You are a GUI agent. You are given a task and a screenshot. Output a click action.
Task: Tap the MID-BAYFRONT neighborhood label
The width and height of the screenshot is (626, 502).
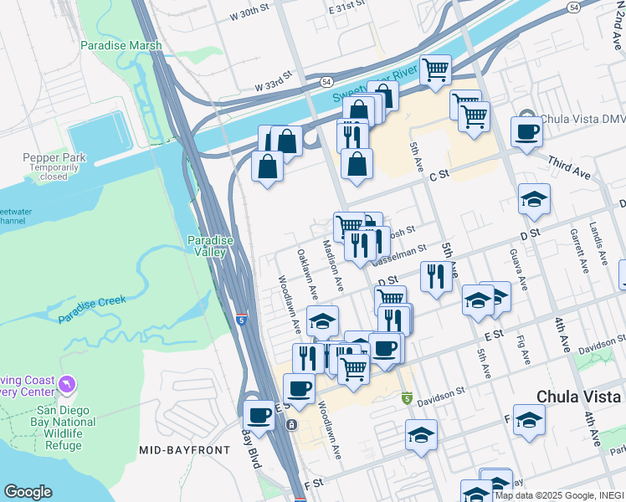[184, 450]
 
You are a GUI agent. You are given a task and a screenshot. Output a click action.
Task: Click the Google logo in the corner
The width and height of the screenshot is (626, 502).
[28, 492]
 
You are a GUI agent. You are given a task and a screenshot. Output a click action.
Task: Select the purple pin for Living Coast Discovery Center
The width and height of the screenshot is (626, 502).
[66, 385]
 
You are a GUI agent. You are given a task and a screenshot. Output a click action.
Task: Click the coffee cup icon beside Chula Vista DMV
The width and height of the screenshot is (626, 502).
[526, 132]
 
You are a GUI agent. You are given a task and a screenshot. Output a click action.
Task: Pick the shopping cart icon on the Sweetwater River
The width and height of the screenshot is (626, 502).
[435, 70]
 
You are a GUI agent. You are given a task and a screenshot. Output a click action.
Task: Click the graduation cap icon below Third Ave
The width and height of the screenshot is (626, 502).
[534, 199]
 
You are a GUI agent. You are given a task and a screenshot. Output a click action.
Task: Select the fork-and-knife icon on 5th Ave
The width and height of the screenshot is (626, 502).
[435, 276]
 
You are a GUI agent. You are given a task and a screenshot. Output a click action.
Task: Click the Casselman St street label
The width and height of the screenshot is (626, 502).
[400, 249]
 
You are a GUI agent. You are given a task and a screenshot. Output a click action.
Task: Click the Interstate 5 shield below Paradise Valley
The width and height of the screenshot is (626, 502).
[242, 319]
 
